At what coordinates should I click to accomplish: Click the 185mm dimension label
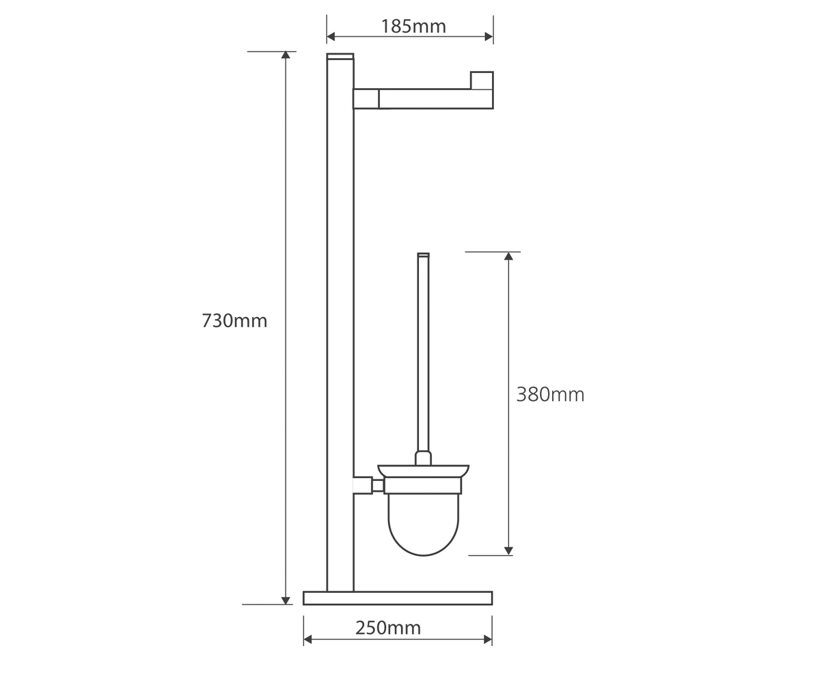[x=413, y=27]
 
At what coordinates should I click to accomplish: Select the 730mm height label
[x=234, y=321]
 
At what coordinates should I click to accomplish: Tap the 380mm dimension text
[x=550, y=395]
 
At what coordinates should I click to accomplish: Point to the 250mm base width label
[x=388, y=628]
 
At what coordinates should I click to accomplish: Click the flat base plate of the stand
[x=398, y=598]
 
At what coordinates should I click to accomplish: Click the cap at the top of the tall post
[x=340, y=57]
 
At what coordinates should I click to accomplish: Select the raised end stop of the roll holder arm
[x=482, y=81]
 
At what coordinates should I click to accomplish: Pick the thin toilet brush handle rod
[x=424, y=353]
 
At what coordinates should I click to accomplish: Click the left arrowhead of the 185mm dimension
[x=331, y=37]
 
